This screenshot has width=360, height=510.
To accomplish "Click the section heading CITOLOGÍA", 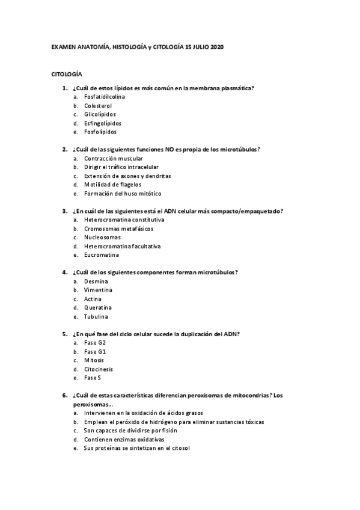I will pyautogui.click(x=66, y=73).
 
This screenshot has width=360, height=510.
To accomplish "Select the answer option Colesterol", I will pyautogui.click(x=98, y=105).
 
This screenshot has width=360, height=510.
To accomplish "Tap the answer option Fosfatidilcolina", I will pyautogui.click(x=105, y=96).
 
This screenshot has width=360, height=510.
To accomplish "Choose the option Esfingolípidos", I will pyautogui.click(x=103, y=123).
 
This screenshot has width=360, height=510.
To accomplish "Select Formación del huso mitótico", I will pyautogui.click(x=123, y=194).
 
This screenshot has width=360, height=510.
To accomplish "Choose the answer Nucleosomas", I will pyautogui.click(x=102, y=237).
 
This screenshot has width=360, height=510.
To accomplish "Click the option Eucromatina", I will pyautogui.click(x=101, y=255).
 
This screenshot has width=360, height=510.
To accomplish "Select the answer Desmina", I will pyautogui.click(x=96, y=281).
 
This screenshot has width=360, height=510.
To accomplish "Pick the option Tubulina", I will pyautogui.click(x=96, y=316).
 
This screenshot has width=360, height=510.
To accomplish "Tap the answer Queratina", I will pyautogui.click(x=98, y=307).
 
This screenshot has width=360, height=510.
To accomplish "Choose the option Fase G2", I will pyautogui.click(x=95, y=342).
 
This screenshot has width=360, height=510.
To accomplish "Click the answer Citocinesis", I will pyautogui.click(x=99, y=369).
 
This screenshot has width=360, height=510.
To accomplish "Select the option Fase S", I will pyautogui.click(x=93, y=378).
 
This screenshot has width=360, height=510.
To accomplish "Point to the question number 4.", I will pyautogui.click(x=64, y=272).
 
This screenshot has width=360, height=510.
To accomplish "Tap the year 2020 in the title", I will pyautogui.click(x=217, y=46).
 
